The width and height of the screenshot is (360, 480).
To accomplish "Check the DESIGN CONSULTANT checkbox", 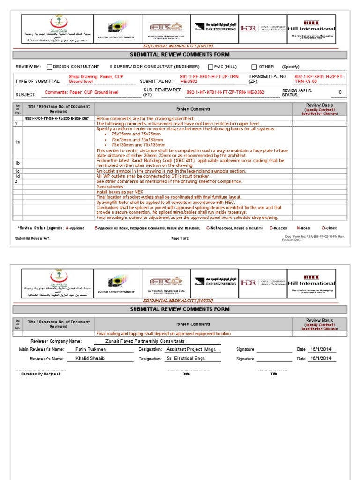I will tap(49, 67).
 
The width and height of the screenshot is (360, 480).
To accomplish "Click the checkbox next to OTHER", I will tap(254, 67).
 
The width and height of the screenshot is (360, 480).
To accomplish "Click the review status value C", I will tap(340, 92).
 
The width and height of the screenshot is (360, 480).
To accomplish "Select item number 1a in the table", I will tap(17, 142).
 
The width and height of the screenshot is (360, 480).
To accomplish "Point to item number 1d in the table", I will tap(17, 176).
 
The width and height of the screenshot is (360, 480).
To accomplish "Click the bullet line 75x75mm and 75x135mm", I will tap(137, 140).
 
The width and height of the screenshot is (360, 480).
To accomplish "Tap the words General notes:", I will tap(111, 187).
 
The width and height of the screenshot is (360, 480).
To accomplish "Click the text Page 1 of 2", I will tap(180, 238).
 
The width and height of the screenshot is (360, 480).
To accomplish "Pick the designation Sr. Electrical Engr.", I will tap(186, 358).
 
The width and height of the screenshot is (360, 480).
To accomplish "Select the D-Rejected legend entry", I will tap(278, 228).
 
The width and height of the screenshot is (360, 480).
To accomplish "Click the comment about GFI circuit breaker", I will tap(153, 176).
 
